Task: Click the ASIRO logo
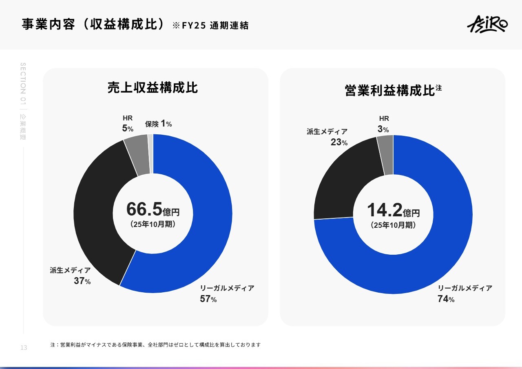[x=487, y=24]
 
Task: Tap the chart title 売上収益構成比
[x=153, y=88]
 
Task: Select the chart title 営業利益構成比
[x=390, y=90]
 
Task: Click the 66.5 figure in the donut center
[x=144, y=209]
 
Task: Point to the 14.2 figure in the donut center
[x=385, y=210]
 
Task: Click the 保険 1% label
[x=158, y=124]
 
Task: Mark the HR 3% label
[x=383, y=124]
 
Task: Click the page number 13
[x=24, y=348]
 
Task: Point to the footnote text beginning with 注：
[x=155, y=345]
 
